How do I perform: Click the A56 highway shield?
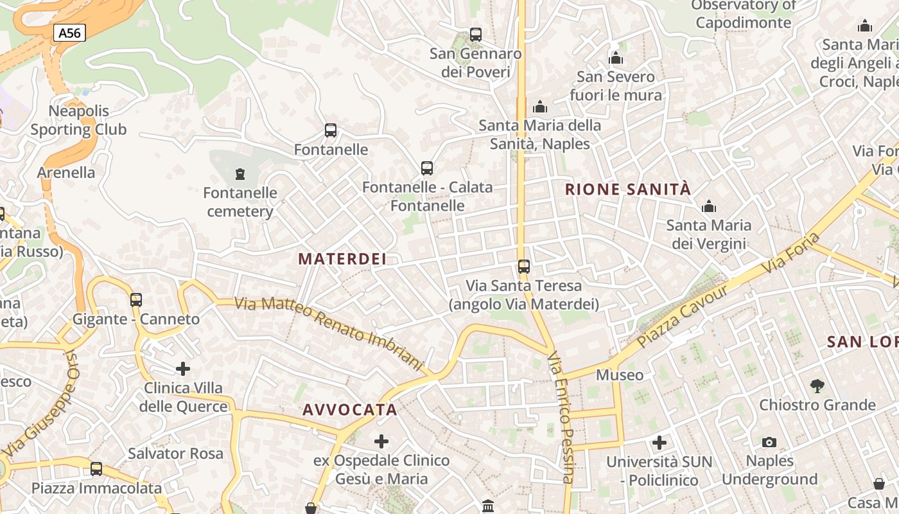point(69,33)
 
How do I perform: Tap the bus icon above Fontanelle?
point(331,130)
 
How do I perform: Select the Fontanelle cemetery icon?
point(240,173)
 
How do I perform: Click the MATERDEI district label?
point(342,259)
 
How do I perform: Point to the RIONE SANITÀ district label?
point(628,190)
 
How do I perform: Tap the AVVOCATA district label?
point(350,410)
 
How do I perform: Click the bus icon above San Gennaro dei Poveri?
point(476,35)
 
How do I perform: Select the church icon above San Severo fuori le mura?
point(616,58)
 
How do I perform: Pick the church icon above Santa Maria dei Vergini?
point(709,206)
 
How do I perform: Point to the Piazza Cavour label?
point(683,315)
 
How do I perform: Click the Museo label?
point(620,375)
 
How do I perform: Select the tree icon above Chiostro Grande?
point(817,385)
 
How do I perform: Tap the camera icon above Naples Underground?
point(769,442)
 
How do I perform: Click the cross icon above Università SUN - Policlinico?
point(659,443)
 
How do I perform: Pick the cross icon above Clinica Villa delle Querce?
point(183,369)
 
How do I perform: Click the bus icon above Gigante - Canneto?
point(136,299)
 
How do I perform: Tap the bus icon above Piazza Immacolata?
point(96,469)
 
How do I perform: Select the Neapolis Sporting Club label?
point(79,120)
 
